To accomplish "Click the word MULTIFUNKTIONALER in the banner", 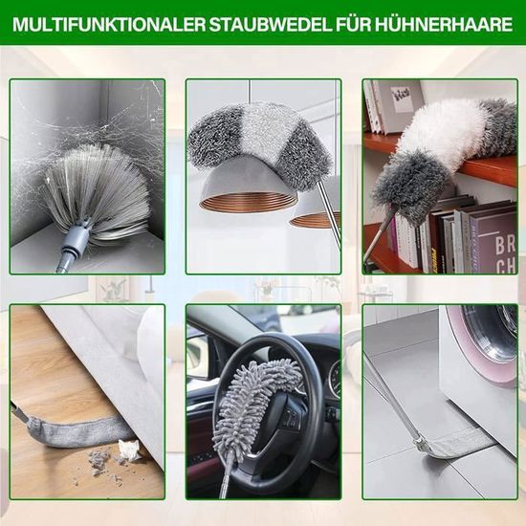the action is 109,25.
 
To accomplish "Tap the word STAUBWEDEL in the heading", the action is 270,25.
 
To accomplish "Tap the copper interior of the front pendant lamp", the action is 249,203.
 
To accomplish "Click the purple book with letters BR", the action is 493,242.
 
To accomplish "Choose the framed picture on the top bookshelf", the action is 405,98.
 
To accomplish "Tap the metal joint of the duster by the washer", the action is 420,442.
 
